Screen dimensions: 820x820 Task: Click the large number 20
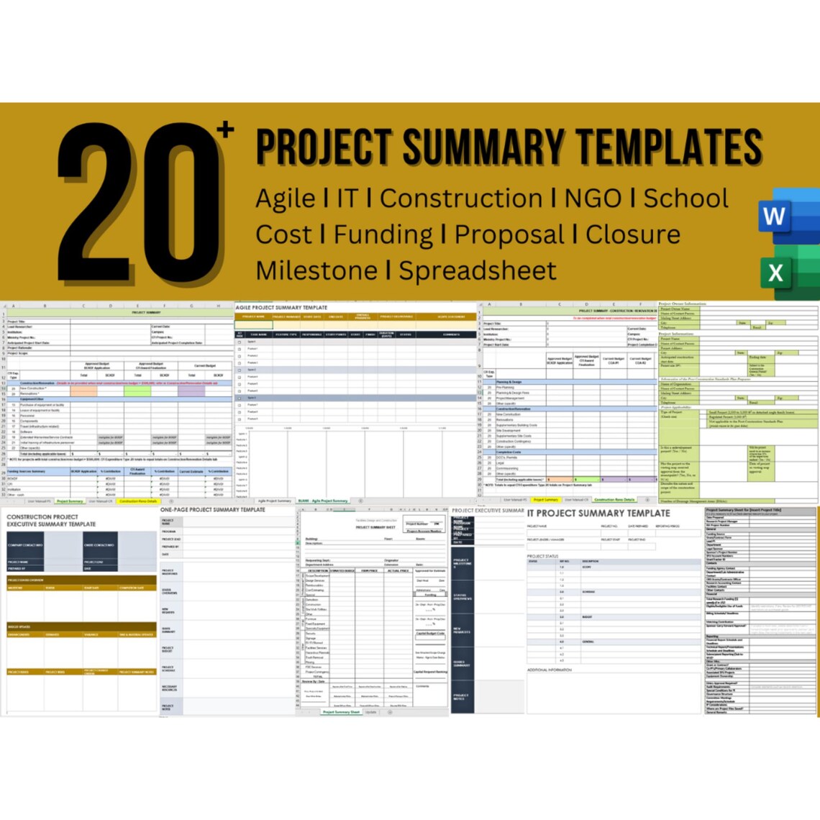140,201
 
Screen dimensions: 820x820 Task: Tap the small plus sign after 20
227,130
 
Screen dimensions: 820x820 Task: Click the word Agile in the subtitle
286,199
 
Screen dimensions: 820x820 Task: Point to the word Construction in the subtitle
461,199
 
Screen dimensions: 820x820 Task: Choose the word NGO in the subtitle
593,199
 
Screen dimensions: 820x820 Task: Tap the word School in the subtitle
685,199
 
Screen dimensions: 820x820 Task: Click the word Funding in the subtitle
383,234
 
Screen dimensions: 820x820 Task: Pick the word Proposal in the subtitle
509,234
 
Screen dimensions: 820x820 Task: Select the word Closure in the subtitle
633,234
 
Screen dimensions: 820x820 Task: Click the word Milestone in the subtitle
316,271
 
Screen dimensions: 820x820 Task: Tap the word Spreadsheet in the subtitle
478,271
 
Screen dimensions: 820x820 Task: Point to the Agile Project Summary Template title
281,307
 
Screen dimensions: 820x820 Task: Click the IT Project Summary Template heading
598,514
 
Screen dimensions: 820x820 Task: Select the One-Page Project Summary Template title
213,510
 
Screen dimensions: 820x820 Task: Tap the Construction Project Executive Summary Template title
51,521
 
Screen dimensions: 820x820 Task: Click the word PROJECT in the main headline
325,147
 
